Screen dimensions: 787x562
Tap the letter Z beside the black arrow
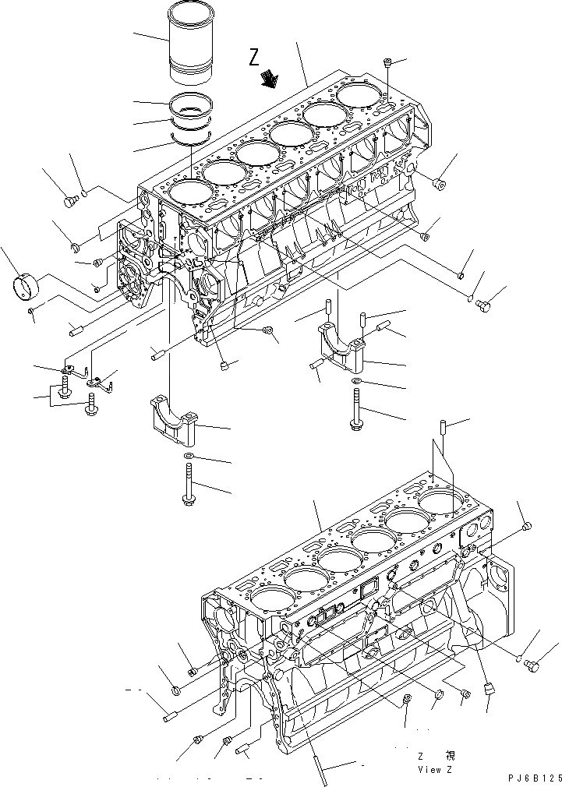click(x=254, y=56)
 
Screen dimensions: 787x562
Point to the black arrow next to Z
click(x=270, y=78)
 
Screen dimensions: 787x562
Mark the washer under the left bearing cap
click(x=189, y=456)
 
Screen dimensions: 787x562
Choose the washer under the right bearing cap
click(x=355, y=382)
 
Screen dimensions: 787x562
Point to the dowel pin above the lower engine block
click(x=443, y=428)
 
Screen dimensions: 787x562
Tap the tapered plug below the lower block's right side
click(x=490, y=687)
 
